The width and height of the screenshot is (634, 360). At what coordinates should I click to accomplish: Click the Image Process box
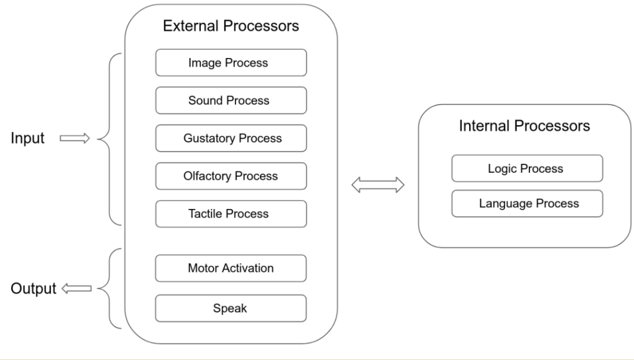[231, 62]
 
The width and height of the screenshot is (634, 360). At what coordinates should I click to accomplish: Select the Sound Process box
[231, 100]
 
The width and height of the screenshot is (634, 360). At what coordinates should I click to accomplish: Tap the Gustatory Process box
[231, 139]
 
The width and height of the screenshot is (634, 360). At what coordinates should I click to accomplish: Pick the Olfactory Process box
[231, 176]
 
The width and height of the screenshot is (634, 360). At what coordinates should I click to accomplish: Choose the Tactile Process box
[231, 214]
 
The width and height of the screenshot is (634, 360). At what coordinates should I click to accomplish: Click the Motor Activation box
[231, 268]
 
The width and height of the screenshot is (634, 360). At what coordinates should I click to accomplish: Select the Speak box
[231, 308]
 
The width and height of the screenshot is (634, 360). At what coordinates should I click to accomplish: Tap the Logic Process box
[527, 169]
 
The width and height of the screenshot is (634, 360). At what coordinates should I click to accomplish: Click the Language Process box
[527, 204]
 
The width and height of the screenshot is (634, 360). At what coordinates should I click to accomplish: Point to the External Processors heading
[230, 26]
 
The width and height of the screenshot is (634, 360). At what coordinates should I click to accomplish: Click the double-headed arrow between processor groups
[377, 186]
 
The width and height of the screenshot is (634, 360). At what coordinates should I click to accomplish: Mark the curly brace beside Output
[108, 288]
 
